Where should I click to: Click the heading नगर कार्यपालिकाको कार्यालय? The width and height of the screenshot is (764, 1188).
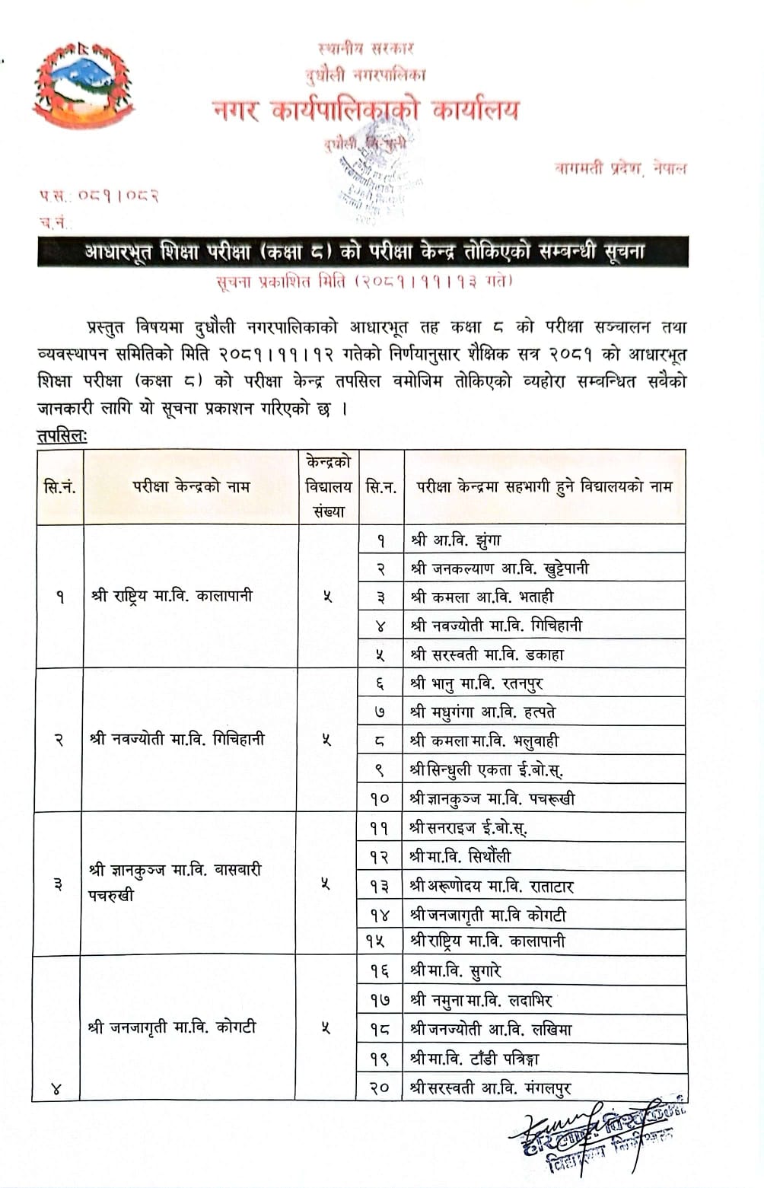coord(366,110)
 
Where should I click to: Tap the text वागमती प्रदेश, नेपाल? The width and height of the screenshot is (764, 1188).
coord(620,168)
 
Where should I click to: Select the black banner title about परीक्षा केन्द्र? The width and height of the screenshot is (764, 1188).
coord(363,252)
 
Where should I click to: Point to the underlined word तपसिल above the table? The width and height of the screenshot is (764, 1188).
coord(62,436)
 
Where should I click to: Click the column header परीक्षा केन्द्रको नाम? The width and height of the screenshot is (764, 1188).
coord(191,486)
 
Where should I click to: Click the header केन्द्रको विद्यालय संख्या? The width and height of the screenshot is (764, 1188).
coord(328,486)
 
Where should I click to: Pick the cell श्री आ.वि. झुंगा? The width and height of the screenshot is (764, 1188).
coord(456,540)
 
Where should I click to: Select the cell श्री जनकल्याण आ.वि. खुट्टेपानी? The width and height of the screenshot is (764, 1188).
coord(499,569)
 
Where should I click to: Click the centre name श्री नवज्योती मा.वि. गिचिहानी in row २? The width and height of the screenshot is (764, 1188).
coord(177,739)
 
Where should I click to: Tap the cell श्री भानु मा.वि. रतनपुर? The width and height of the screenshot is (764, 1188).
coord(476,683)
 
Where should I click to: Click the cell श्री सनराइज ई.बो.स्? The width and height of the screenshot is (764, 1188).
coord(468,827)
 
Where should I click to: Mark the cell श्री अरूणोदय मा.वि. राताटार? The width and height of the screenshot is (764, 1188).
coord(492,886)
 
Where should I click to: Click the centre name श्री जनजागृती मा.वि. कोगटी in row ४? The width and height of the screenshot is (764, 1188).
coord(173,1027)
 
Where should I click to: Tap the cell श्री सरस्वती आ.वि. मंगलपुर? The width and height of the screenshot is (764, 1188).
coord(490,1088)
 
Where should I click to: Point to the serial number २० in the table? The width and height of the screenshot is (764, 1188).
coord(380,1088)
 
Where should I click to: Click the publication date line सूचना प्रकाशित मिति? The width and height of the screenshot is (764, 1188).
coord(364,282)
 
